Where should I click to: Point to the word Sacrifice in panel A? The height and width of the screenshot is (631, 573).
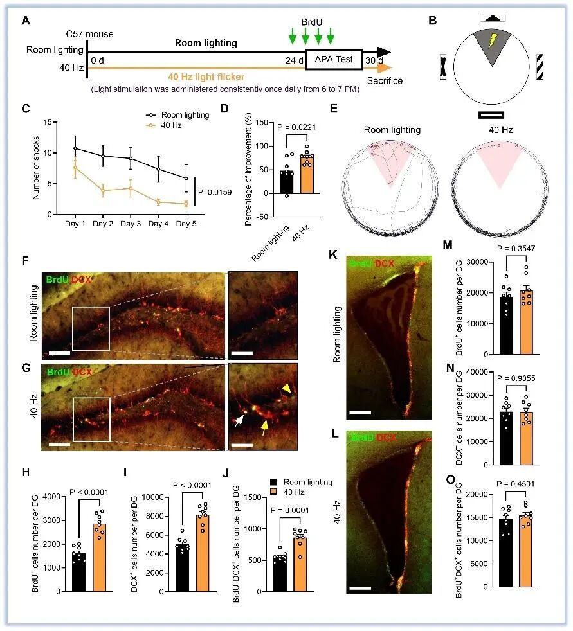point(385,82)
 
